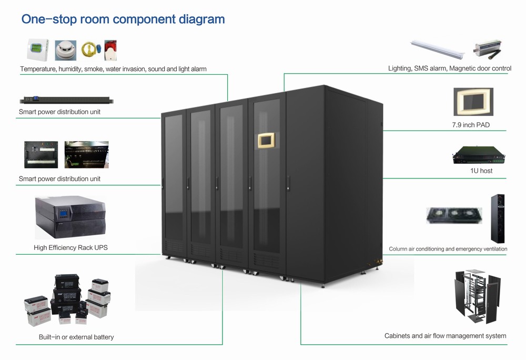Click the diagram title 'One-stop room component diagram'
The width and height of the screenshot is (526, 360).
123,19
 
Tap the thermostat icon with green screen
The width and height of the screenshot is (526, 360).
38,50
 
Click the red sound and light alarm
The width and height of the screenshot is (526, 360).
110,49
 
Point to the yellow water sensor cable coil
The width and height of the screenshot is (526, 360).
89,50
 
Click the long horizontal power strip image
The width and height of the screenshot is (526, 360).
67,99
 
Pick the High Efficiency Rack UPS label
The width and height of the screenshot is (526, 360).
70,247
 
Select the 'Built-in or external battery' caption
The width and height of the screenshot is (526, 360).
76,337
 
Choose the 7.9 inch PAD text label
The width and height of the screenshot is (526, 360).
471,125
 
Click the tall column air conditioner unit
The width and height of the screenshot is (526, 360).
497,217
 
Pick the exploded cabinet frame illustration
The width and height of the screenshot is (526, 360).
476,297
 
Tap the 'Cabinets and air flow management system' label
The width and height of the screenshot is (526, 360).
445,336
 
